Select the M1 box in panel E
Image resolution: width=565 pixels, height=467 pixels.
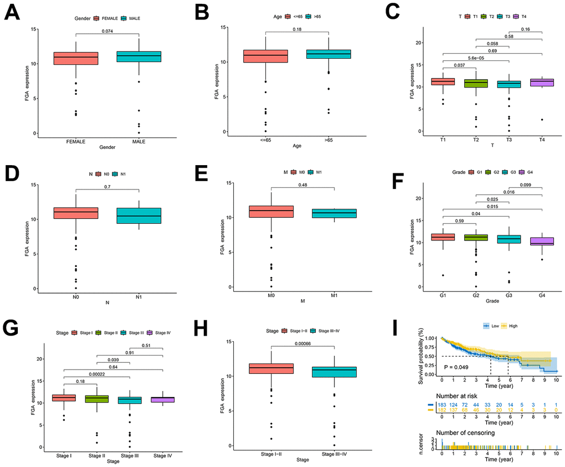coord(335,214)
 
